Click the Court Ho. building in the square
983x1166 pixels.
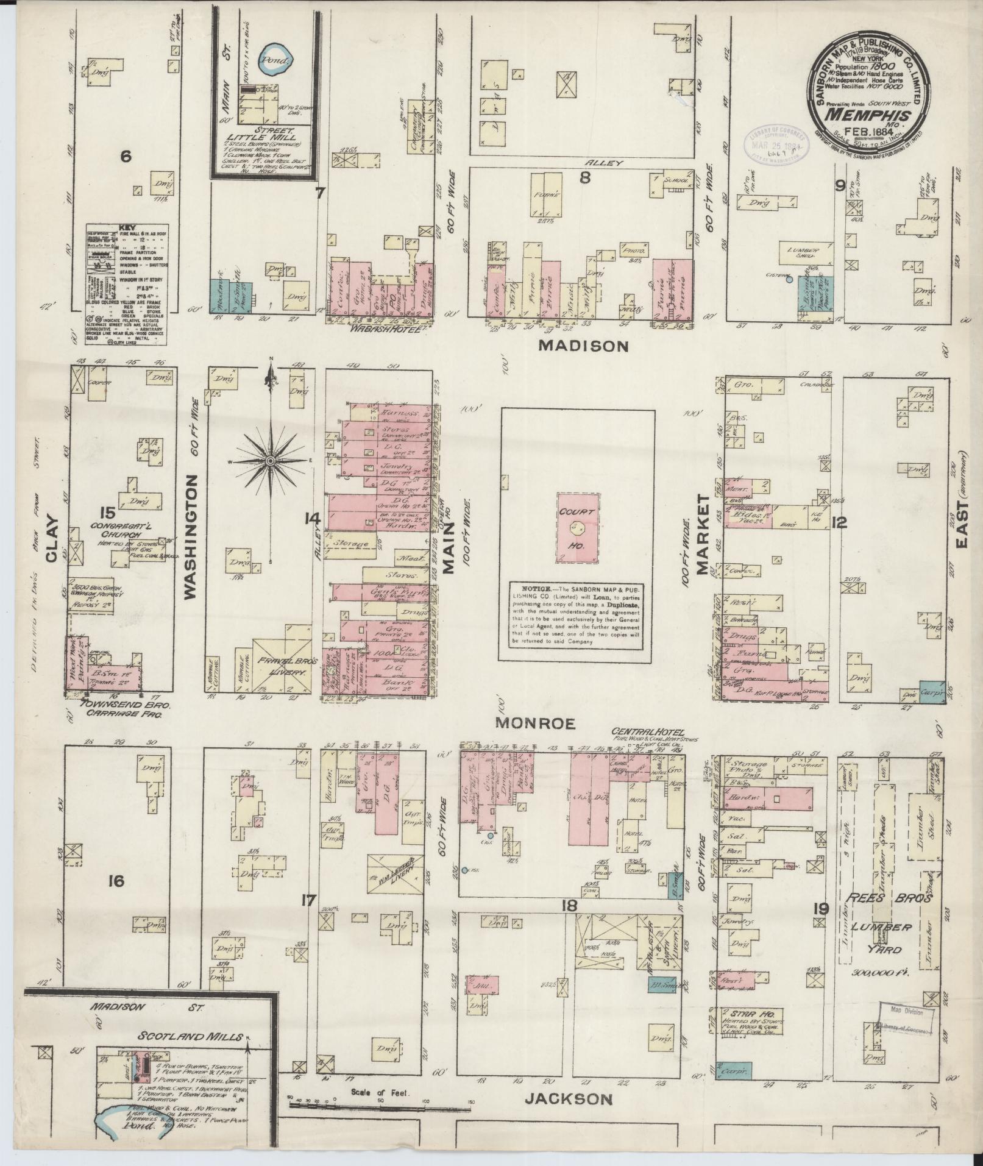tap(576, 528)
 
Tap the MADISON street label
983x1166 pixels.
tap(583, 346)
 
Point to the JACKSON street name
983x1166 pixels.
tap(568, 1099)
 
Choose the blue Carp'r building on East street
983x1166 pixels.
tap(931, 692)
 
